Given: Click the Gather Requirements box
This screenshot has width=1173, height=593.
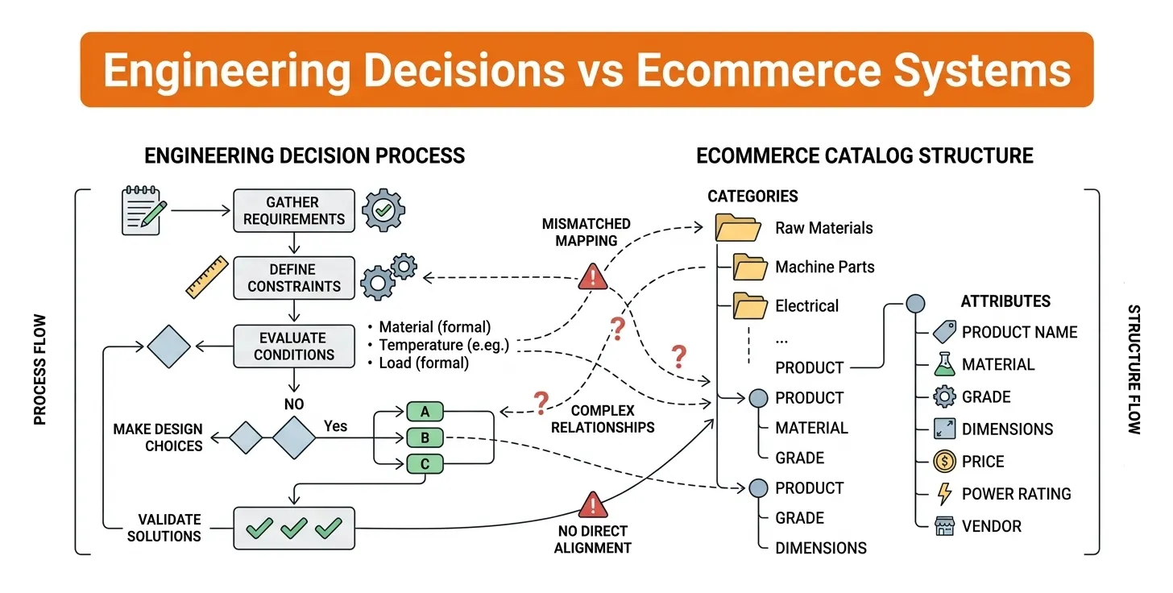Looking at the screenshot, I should (294, 210).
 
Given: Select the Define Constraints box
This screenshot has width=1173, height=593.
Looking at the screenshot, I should (294, 278).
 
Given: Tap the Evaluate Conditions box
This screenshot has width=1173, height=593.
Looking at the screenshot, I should (294, 346).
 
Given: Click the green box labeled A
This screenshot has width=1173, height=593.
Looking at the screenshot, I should (425, 412).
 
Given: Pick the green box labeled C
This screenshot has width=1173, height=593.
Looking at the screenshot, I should (425, 463).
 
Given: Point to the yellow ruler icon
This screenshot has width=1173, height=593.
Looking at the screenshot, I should (207, 277).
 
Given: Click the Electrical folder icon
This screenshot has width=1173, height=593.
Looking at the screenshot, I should (750, 306).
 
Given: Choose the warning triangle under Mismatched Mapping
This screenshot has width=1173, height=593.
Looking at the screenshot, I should (594, 277).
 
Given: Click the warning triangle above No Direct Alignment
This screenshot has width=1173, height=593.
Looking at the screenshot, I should (594, 505).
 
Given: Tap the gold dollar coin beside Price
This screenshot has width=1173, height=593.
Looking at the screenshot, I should (943, 462).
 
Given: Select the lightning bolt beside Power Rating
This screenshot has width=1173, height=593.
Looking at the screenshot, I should (943, 494).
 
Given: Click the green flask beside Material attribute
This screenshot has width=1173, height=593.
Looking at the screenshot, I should (943, 365).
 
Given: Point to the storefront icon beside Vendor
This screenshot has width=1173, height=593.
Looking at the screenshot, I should (943, 527).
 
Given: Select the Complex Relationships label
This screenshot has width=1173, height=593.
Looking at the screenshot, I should (603, 419).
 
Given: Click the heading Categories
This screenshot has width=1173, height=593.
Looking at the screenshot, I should (752, 196).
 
